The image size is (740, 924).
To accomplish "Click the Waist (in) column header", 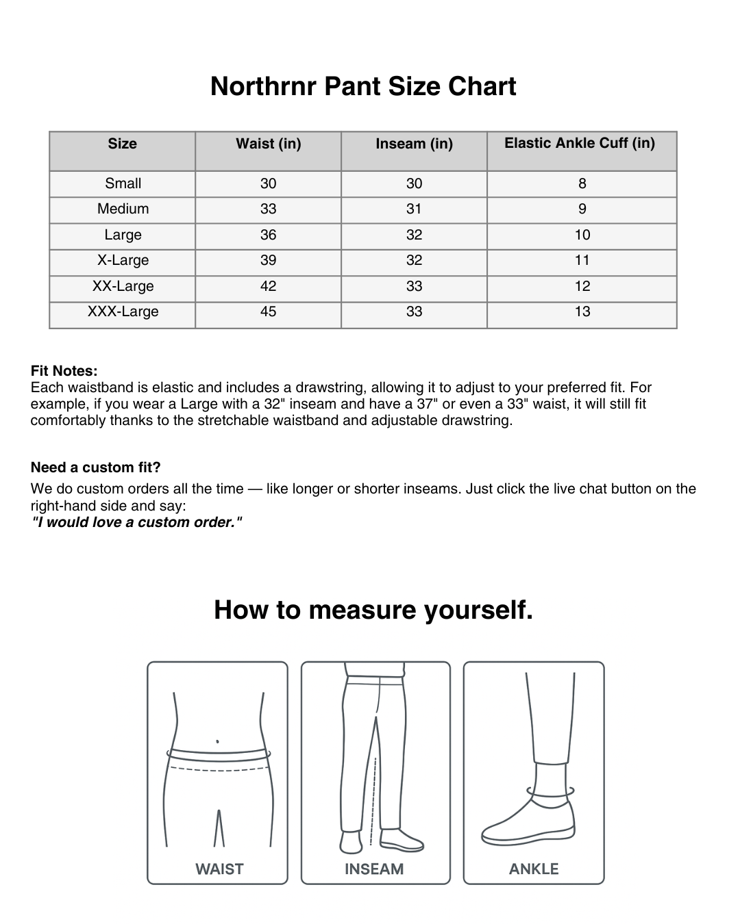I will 268,144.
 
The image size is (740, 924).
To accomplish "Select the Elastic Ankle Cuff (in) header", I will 580,143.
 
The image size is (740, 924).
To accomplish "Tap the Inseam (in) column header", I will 414,144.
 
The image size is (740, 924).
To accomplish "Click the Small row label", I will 123,183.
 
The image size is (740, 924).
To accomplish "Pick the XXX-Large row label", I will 123,311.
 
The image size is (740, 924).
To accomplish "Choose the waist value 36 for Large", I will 268,235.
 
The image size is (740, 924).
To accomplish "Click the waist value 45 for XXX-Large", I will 268,311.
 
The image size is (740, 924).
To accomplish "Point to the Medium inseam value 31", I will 414,209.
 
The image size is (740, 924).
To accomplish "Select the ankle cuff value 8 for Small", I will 582,183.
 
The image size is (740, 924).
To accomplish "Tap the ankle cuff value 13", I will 582,311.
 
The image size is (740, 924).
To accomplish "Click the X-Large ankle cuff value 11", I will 582,260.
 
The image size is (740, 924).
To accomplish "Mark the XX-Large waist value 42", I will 268,286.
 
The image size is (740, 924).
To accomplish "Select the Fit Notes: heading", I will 64,371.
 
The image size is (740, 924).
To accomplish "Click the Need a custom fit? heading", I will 95,467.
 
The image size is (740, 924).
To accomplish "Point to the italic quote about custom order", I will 136,522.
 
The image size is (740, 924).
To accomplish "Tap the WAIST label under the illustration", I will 219,869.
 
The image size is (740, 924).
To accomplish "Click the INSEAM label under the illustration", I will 374,869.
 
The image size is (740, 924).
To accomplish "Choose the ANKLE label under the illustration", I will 534,869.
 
